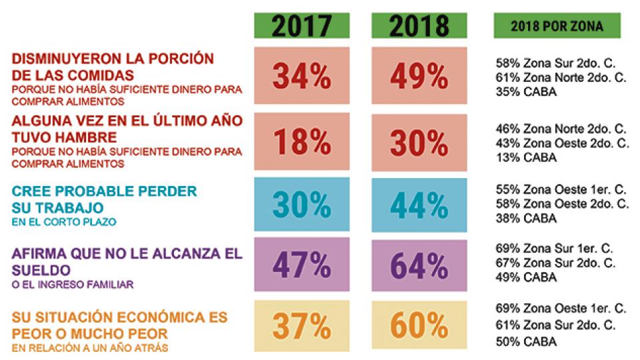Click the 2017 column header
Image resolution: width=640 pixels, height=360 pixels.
[302, 25]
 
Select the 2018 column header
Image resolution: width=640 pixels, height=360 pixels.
[419, 25]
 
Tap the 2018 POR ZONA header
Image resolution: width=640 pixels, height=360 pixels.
[557, 27]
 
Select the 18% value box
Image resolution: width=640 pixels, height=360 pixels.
[302, 142]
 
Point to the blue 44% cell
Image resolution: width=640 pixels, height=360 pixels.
[419, 206]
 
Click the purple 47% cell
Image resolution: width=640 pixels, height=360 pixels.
[302, 266]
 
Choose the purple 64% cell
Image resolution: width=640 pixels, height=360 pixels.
[419, 266]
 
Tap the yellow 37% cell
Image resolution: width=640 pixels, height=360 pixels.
[302, 326]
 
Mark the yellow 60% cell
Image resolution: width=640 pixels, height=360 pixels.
[419, 326]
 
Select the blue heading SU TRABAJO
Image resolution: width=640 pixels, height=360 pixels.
[50, 207]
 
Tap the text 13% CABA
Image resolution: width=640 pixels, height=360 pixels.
[526, 157]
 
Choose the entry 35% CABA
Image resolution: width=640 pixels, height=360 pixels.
[526, 92]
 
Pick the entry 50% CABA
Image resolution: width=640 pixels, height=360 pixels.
[526, 342]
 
